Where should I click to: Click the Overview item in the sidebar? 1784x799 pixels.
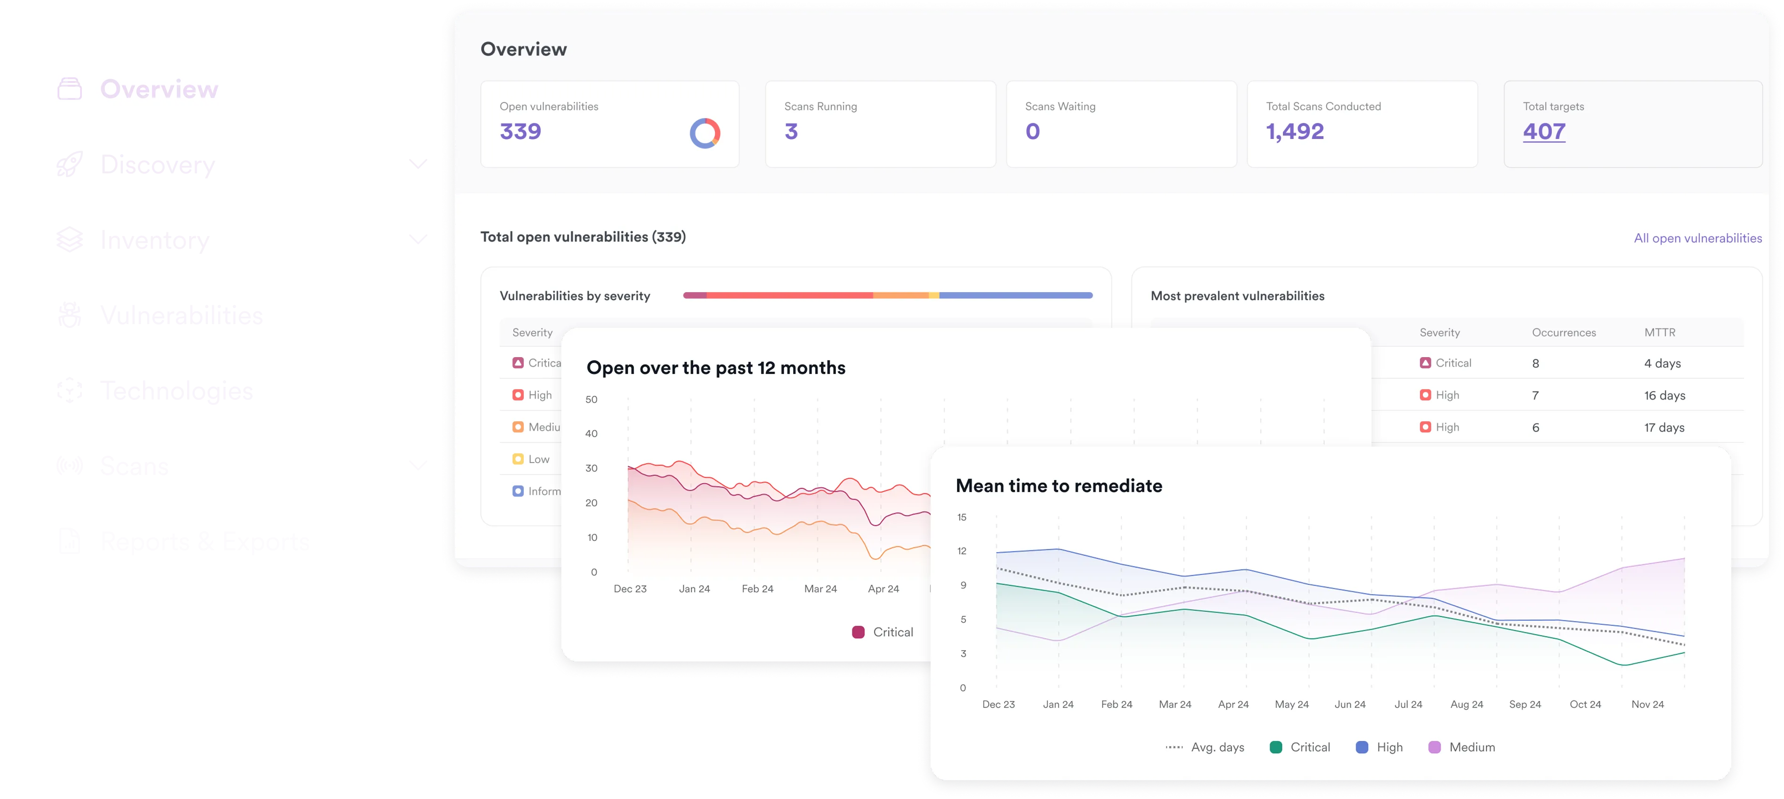(159, 90)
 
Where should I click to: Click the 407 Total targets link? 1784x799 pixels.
(1544, 131)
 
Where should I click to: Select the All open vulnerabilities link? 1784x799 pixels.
(1697, 238)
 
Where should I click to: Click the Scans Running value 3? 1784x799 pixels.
(791, 131)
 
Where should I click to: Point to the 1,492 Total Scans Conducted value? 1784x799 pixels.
(1294, 131)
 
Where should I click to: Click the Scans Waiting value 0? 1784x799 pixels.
(1032, 131)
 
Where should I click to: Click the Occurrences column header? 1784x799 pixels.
(1563, 333)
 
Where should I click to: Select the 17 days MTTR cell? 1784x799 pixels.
(1664, 428)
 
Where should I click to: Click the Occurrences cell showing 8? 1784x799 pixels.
(1535, 363)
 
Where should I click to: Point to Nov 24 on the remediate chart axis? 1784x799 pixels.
(1647, 704)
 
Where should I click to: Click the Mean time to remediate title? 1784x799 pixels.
(1058, 486)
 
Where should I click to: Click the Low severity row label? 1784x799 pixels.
(538, 459)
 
